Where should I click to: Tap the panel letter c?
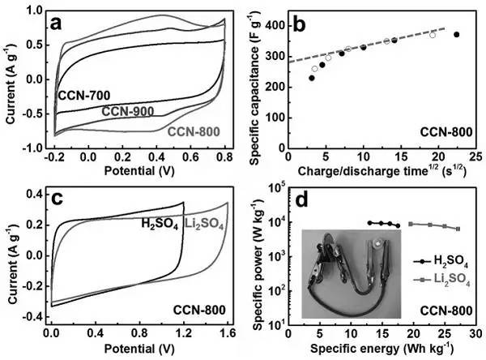point(58,199)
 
